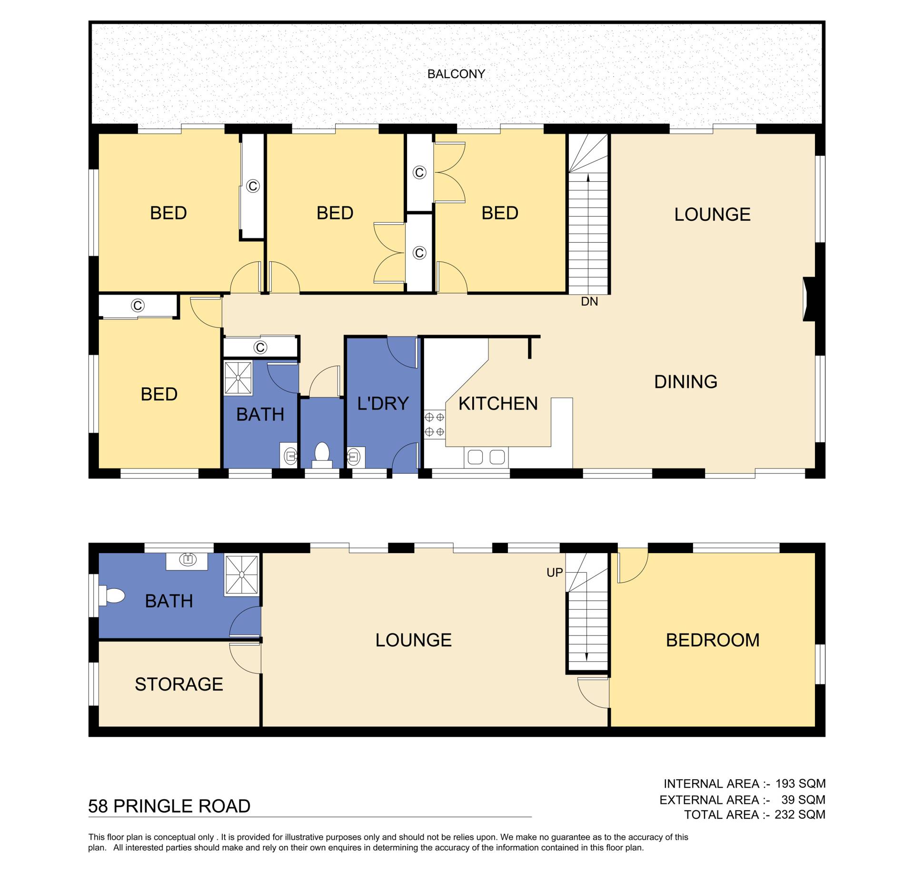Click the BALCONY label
pos(456,74)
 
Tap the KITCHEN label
pos(498,404)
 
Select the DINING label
pos(685,382)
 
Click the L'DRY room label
pos(383,404)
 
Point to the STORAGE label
pos(179,685)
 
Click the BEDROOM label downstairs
pos(713,640)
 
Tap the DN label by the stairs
pos(589,301)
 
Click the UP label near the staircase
pos(555,573)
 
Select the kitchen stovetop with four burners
pos(435,425)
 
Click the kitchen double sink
pos(486,457)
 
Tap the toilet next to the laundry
pos(322,455)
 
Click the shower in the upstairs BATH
pos(238,378)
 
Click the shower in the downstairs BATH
pos(242,575)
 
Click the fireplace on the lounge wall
pos(810,299)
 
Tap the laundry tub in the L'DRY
pos(356,457)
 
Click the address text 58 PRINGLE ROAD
pos(169,806)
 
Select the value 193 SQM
pos(800,784)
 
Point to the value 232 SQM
pos(800,814)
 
